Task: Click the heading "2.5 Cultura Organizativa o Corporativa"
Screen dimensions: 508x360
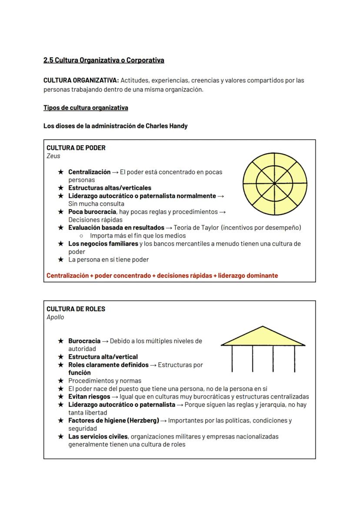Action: click(x=103, y=60)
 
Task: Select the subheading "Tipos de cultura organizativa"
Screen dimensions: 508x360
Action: click(x=86, y=107)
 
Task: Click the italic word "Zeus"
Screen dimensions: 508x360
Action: click(x=53, y=156)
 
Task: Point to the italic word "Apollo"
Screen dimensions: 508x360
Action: click(x=55, y=317)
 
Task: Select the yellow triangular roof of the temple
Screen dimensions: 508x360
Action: click(x=263, y=337)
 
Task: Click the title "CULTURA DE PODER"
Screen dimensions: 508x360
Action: click(x=76, y=147)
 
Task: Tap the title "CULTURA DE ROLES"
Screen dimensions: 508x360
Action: click(x=76, y=309)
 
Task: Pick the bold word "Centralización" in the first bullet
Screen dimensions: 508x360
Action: click(x=89, y=172)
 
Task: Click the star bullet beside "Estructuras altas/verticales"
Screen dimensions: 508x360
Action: click(x=61, y=188)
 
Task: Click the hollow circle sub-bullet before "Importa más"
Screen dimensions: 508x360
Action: click(x=81, y=236)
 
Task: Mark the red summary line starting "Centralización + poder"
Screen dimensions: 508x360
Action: click(x=162, y=275)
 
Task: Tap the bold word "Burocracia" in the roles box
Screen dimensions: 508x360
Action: click(x=84, y=341)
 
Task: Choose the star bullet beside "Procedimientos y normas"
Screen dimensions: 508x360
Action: click(x=61, y=381)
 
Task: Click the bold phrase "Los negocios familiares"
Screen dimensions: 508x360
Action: click(x=103, y=243)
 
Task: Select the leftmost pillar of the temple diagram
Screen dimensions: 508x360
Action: click(x=232, y=359)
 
